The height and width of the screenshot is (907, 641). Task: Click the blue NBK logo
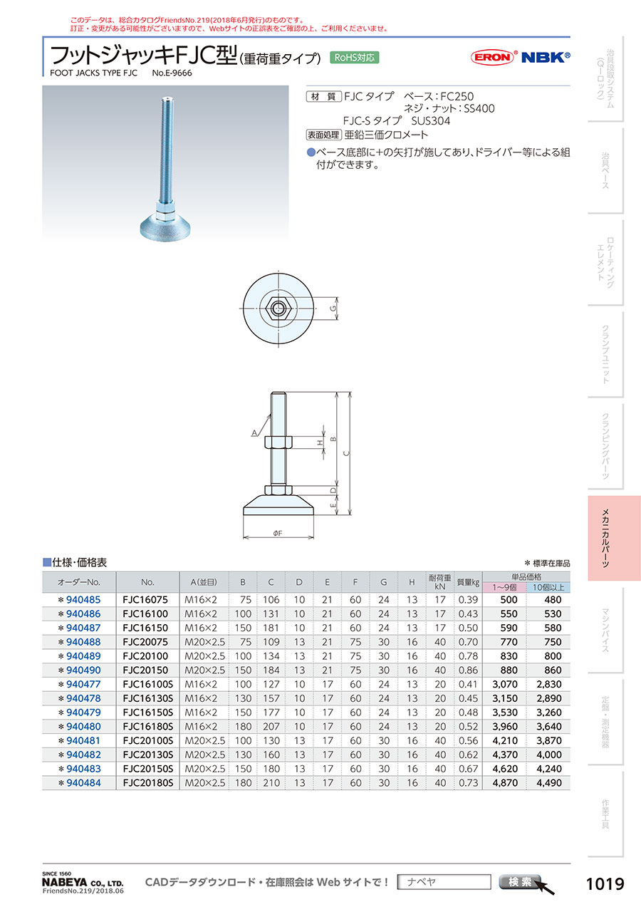pos(545,57)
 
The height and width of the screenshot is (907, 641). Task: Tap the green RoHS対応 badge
pos(354,58)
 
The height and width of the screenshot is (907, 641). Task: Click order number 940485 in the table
pos(83,600)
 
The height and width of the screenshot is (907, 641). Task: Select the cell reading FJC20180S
pos(147,783)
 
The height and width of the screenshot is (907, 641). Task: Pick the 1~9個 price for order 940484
pos(505,783)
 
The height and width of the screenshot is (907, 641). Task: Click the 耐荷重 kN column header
pos(439,582)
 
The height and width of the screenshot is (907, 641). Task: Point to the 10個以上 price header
pos(548,587)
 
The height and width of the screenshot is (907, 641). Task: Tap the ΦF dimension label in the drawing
pos(277,533)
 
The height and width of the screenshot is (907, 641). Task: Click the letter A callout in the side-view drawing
pos(254,433)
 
